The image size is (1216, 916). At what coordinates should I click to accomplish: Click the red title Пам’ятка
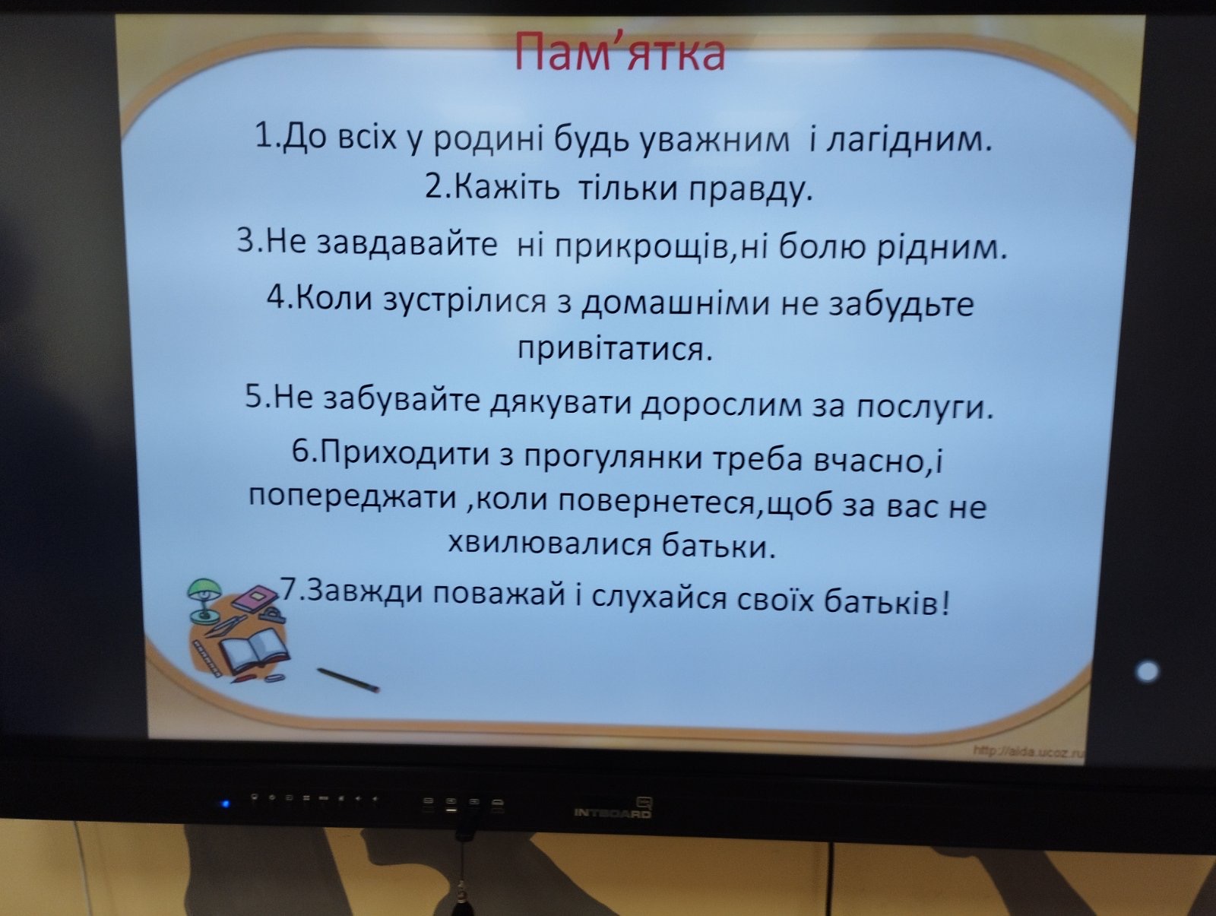pyautogui.click(x=619, y=52)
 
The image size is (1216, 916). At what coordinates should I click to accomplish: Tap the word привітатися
pyautogui.click(x=614, y=349)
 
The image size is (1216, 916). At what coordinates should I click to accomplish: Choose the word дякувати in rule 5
pyautogui.click(x=560, y=403)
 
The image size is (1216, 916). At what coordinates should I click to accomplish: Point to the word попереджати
pyautogui.click(x=352, y=496)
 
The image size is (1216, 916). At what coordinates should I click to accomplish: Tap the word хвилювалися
pyautogui.click(x=549, y=544)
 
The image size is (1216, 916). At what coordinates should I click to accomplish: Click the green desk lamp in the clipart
pyautogui.click(x=204, y=599)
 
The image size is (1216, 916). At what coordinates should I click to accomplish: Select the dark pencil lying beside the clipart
pyautogui.click(x=348, y=680)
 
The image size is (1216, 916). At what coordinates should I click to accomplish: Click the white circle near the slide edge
pyautogui.click(x=1148, y=672)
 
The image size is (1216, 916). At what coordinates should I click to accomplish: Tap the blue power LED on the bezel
pyautogui.click(x=225, y=803)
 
